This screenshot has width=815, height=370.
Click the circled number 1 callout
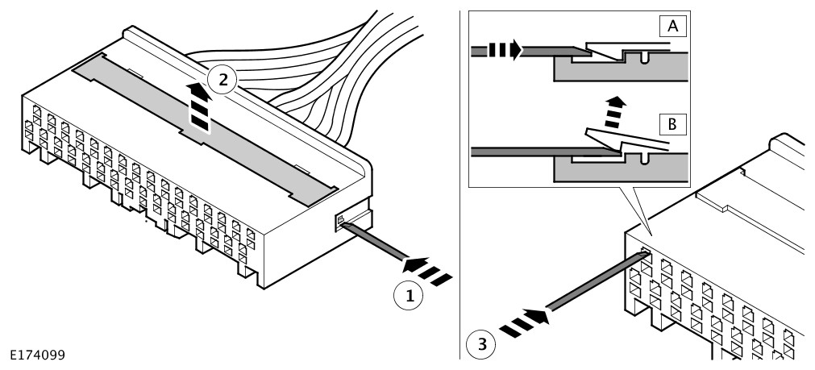point(410,296)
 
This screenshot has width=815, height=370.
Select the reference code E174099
point(37,355)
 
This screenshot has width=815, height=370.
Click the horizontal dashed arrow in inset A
point(507,52)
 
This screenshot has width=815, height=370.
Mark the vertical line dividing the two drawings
point(459,185)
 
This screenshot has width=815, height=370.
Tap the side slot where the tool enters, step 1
point(342,220)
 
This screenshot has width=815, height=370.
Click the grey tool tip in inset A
point(568,52)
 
